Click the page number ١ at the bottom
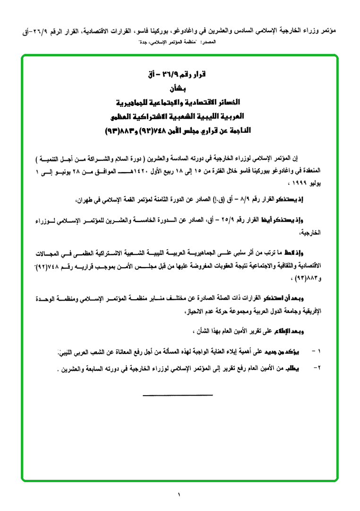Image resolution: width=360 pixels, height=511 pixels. click(180, 495)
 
